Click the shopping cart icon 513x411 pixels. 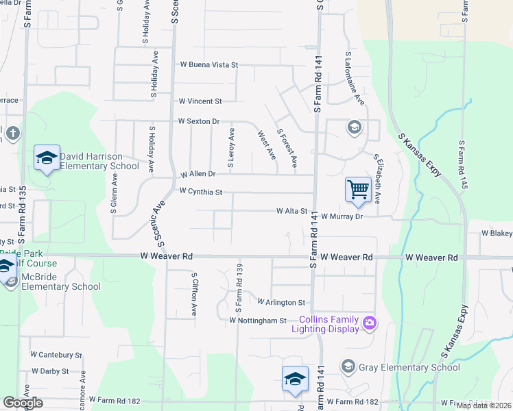click(x=358, y=190)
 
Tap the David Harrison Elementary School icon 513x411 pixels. click(x=47, y=159)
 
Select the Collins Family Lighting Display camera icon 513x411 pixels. click(x=370, y=322)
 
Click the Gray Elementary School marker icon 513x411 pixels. click(x=349, y=367)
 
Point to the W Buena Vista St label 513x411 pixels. click(x=208, y=64)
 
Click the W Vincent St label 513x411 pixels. click(x=200, y=101)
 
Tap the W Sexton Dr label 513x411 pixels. click(x=198, y=121)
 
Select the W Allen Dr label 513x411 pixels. click(x=198, y=174)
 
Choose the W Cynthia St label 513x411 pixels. click(x=200, y=192)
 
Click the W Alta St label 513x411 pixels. click(x=291, y=212)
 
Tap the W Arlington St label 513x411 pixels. click(x=281, y=302)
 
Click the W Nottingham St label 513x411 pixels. click(x=257, y=320)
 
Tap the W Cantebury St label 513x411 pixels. click(x=56, y=355)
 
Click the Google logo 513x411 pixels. click(x=23, y=403)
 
